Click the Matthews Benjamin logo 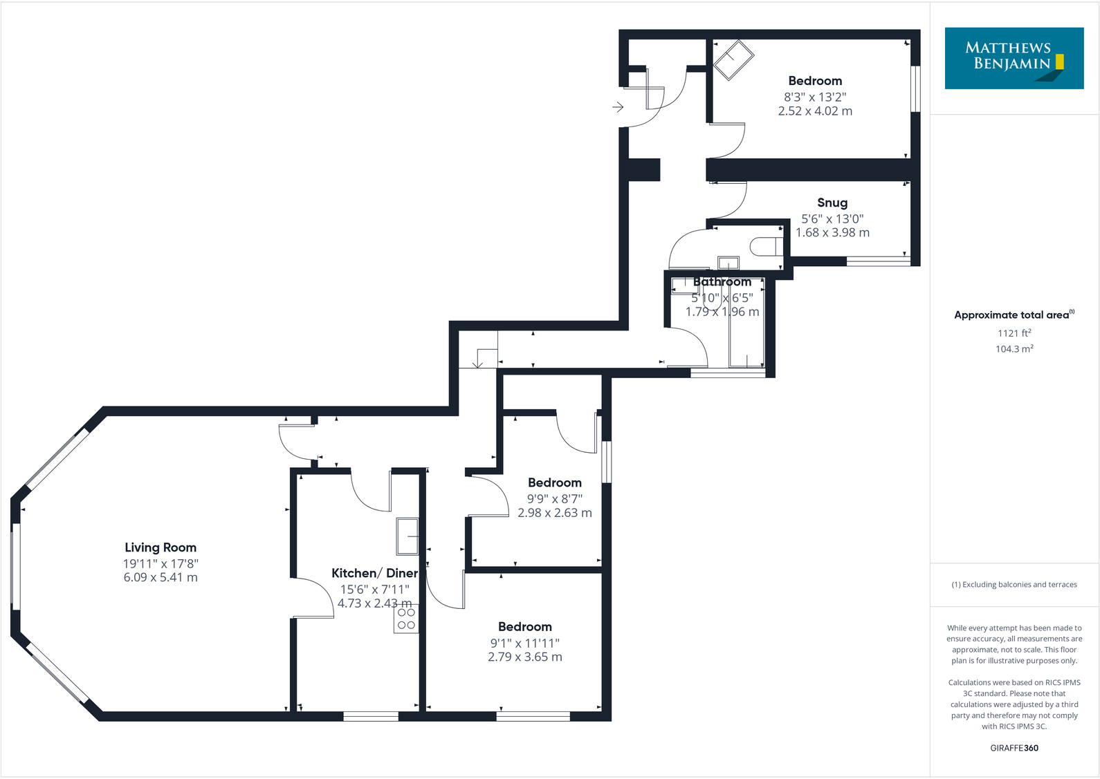(x=1014, y=58)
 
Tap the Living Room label (x=161, y=547)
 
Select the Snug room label (x=832, y=203)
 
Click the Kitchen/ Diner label (x=374, y=573)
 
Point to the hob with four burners (x=406, y=619)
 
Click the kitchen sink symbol (x=407, y=536)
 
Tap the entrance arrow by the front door (x=618, y=107)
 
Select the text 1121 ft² (x=1014, y=333)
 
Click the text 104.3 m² (x=1014, y=349)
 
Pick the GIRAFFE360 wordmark (x=1014, y=748)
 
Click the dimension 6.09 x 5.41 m (x=161, y=577)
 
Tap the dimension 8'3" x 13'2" (x=815, y=97)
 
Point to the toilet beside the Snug (x=767, y=247)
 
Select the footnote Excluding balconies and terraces (x=1014, y=585)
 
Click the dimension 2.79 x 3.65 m (x=525, y=657)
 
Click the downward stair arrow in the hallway (x=477, y=362)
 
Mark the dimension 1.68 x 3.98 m (x=832, y=233)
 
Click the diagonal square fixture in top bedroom (x=734, y=60)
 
